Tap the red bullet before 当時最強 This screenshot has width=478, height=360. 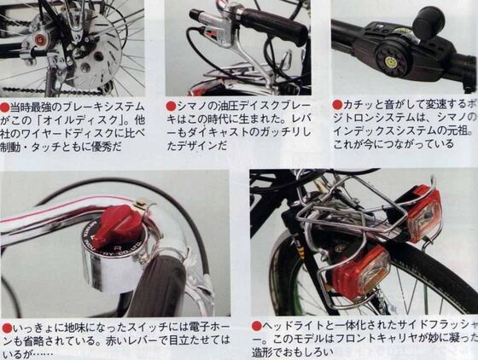pos(6,105)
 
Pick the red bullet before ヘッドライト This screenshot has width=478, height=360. pos(256,326)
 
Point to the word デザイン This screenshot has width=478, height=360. pos(206,146)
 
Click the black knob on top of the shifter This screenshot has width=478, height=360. pos(427,20)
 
